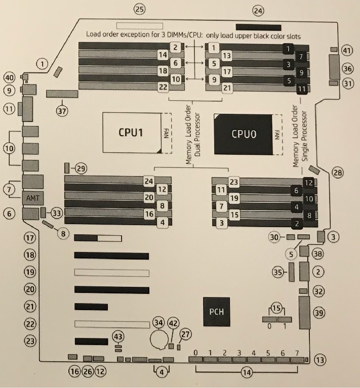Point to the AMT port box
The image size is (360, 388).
tap(32, 198)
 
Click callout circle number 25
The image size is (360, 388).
tap(139, 9)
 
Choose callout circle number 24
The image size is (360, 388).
tap(258, 10)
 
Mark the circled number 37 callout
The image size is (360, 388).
tap(62, 111)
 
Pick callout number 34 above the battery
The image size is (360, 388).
tap(158, 322)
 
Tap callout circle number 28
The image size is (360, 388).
tap(337, 173)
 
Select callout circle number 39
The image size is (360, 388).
tap(319, 313)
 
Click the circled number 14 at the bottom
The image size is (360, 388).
tap(247, 373)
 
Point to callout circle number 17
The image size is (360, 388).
tap(31, 237)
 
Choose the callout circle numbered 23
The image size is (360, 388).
tap(31, 341)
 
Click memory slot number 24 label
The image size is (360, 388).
tap(148, 181)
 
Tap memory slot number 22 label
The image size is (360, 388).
tap(163, 87)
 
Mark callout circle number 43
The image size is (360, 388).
tap(118, 336)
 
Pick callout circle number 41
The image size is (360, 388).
tap(347, 51)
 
